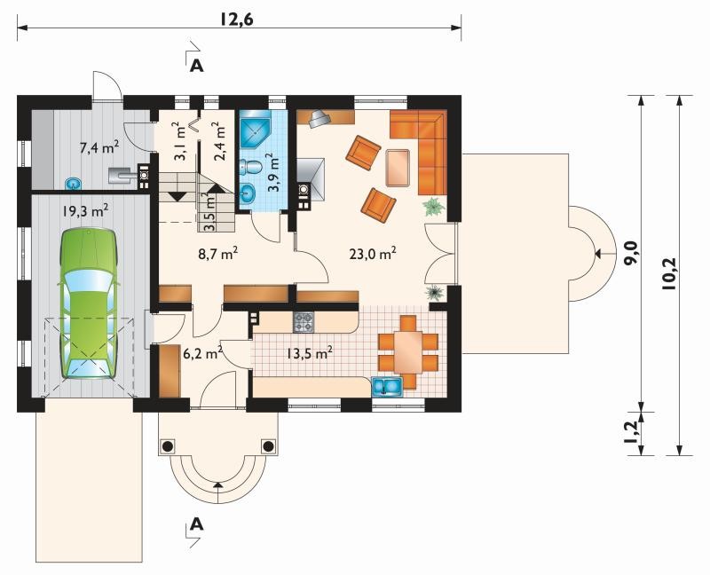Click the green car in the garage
coord(88,303)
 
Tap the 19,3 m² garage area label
coord(85,211)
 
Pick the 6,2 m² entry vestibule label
coord(202,352)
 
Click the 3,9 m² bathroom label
coord(272,172)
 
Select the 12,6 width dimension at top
coord(236,19)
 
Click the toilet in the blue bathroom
coord(250,167)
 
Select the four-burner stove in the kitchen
coord(304,322)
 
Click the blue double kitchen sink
coord(387,386)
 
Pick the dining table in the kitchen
coord(408,351)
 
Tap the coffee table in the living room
coord(398,168)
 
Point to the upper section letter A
coord(196,66)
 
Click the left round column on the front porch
coord(167,446)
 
